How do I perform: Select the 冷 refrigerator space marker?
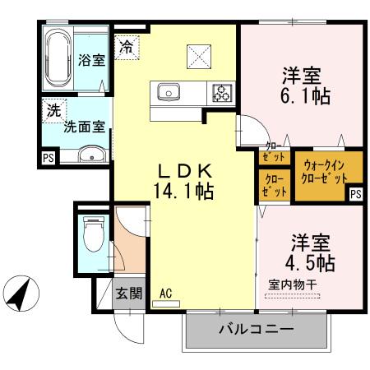click(126, 47)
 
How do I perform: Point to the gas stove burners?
click(221, 91)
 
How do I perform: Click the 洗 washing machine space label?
click(53, 110)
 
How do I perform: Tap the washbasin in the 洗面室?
click(90, 154)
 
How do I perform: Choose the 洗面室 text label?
click(84, 127)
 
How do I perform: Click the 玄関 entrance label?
click(127, 292)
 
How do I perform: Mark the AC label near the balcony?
click(165, 293)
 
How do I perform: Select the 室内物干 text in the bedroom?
click(292, 284)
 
